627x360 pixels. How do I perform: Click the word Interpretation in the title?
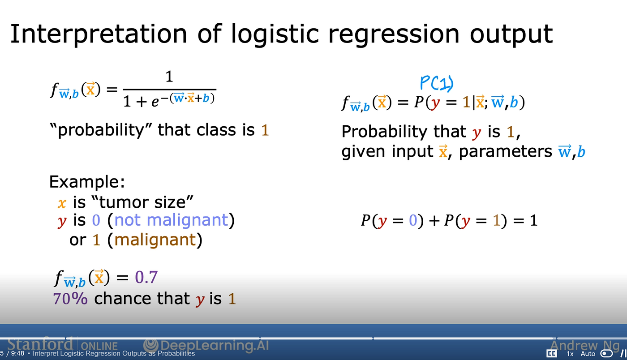99,34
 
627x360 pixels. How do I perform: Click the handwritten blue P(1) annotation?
437,83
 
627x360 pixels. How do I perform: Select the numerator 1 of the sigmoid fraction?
169,77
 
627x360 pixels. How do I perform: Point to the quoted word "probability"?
101,130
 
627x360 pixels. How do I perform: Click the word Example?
87,182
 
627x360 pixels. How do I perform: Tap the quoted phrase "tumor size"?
142,202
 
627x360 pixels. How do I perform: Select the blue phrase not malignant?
171,220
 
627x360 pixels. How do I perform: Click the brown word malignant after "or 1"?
155,240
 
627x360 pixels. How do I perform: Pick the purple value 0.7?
146,278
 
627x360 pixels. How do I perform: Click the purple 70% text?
70,298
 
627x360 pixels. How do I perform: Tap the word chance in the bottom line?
122,298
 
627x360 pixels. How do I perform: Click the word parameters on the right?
505,152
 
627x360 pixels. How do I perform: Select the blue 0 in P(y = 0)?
413,221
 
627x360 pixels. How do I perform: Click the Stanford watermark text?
40,344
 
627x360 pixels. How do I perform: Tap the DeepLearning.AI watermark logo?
150,345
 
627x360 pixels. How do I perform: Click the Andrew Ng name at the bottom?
585,345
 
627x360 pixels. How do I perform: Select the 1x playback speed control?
570,354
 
